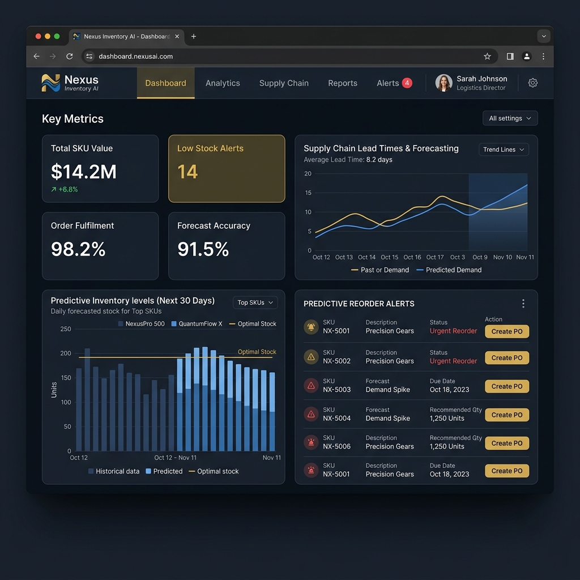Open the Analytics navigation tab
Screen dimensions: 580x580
pyautogui.click(x=223, y=83)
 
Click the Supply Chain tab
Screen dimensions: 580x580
pyautogui.click(x=284, y=83)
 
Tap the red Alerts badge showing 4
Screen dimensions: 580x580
pyautogui.click(x=407, y=83)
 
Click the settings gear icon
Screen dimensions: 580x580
pyautogui.click(x=532, y=83)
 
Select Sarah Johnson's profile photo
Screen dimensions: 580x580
pyautogui.click(x=443, y=83)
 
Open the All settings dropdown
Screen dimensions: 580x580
pyautogui.click(x=510, y=118)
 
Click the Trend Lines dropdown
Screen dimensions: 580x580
pyautogui.click(x=504, y=150)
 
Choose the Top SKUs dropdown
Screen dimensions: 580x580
pyautogui.click(x=255, y=302)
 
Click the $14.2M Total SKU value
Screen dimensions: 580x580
pyautogui.click(x=84, y=172)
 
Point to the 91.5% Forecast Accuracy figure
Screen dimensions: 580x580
pyautogui.click(x=203, y=249)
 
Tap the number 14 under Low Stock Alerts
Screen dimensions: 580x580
pyautogui.click(x=187, y=172)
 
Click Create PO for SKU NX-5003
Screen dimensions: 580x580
pyautogui.click(x=507, y=386)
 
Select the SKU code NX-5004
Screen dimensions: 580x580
pyautogui.click(x=336, y=419)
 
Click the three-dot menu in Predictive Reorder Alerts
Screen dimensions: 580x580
pyautogui.click(x=523, y=304)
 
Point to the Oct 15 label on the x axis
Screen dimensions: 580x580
pyautogui.click(x=390, y=257)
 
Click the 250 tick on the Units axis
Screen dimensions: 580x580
pyautogui.click(x=66, y=329)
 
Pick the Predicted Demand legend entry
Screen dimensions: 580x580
pyautogui.click(x=449, y=270)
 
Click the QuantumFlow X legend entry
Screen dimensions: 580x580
pyautogui.click(x=197, y=323)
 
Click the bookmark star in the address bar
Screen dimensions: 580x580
pyautogui.click(x=487, y=56)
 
